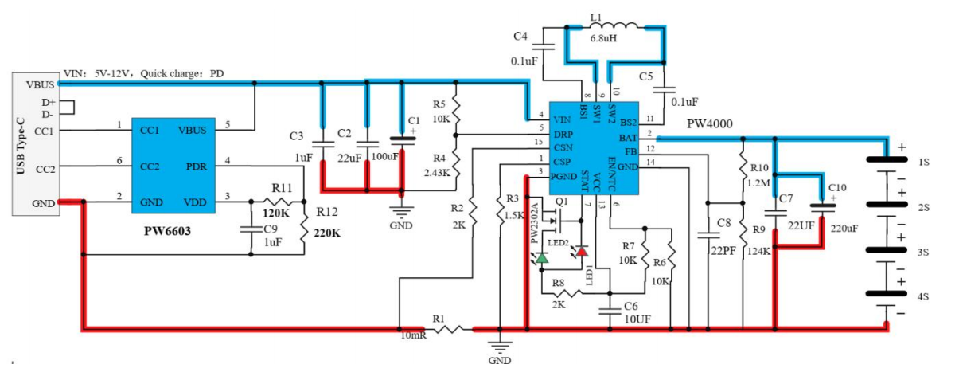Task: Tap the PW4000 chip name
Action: pyautogui.click(x=711, y=124)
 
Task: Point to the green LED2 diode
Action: pyautogui.click(x=542, y=258)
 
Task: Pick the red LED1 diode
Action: pyautogui.click(x=582, y=252)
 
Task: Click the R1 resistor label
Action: pyautogui.click(x=439, y=319)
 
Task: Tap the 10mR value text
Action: pyautogui.click(x=415, y=335)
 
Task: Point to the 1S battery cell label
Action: pyautogui.click(x=924, y=162)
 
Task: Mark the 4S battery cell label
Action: pyautogui.click(x=924, y=296)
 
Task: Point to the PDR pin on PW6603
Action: pyautogui.click(x=197, y=166)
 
